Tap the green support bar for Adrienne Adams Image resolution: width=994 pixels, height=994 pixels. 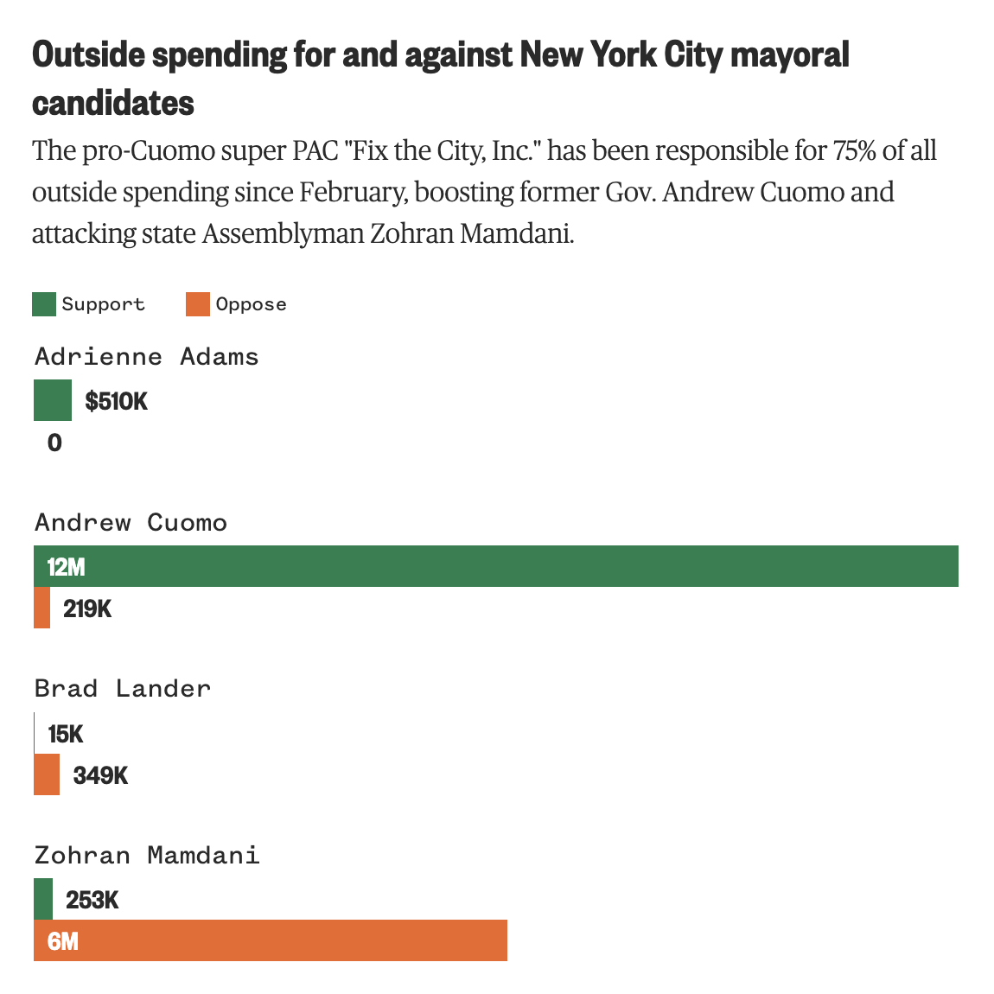tap(53, 400)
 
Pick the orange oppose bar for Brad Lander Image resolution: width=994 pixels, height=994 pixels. tap(47, 774)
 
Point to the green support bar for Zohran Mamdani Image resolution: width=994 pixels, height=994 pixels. tap(43, 899)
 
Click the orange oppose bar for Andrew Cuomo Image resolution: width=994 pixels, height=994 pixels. tap(41, 608)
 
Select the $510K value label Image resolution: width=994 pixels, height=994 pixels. tap(117, 401)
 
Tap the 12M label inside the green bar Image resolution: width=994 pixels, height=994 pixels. tap(67, 567)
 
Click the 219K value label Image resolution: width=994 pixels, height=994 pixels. tap(87, 609)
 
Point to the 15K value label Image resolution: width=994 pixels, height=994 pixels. tap(66, 735)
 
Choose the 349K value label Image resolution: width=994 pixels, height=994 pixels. tap(100, 775)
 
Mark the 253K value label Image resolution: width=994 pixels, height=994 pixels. tap(92, 901)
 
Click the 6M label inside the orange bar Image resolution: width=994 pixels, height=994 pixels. tap(63, 941)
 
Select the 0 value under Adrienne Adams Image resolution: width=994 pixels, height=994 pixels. tap(54, 443)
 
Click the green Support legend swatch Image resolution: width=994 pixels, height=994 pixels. tap(44, 304)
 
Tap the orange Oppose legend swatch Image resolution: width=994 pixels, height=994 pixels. tap(198, 304)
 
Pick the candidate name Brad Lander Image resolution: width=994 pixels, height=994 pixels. tap(123, 689)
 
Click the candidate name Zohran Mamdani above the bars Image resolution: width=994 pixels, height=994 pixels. tap(147, 856)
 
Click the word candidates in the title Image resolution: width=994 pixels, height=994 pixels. tap(113, 103)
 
